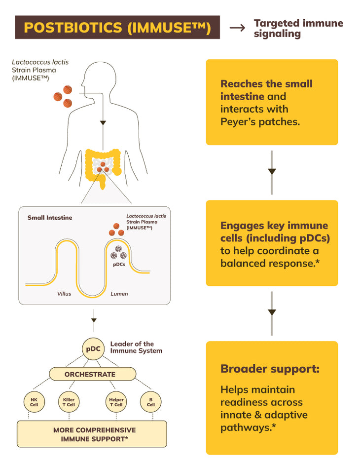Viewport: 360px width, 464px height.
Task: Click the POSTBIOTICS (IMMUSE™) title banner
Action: (x=117, y=28)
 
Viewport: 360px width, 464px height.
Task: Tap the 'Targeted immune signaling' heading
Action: (x=298, y=28)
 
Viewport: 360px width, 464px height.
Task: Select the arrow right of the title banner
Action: (x=237, y=28)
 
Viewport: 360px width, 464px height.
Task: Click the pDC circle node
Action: (x=93, y=349)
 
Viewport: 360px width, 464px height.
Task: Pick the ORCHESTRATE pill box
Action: (x=93, y=374)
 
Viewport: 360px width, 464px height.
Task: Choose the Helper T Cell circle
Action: (x=116, y=401)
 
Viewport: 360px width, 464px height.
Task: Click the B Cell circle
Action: (x=150, y=401)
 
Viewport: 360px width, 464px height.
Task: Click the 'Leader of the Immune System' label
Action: (x=136, y=347)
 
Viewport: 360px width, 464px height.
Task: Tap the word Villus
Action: (x=64, y=294)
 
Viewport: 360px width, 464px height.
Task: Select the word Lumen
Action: (x=119, y=294)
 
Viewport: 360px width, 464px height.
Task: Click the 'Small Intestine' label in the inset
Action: (x=49, y=218)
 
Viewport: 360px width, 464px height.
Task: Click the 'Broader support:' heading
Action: (x=270, y=369)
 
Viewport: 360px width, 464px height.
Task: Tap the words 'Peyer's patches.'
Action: (x=260, y=121)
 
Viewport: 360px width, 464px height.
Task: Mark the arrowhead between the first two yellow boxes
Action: (x=272, y=172)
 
